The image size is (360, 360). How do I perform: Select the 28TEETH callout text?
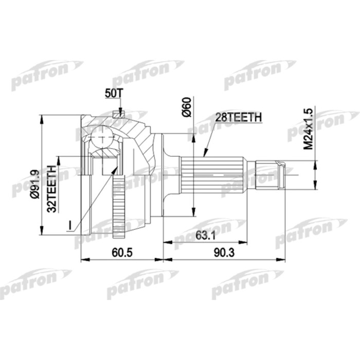(239, 117)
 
